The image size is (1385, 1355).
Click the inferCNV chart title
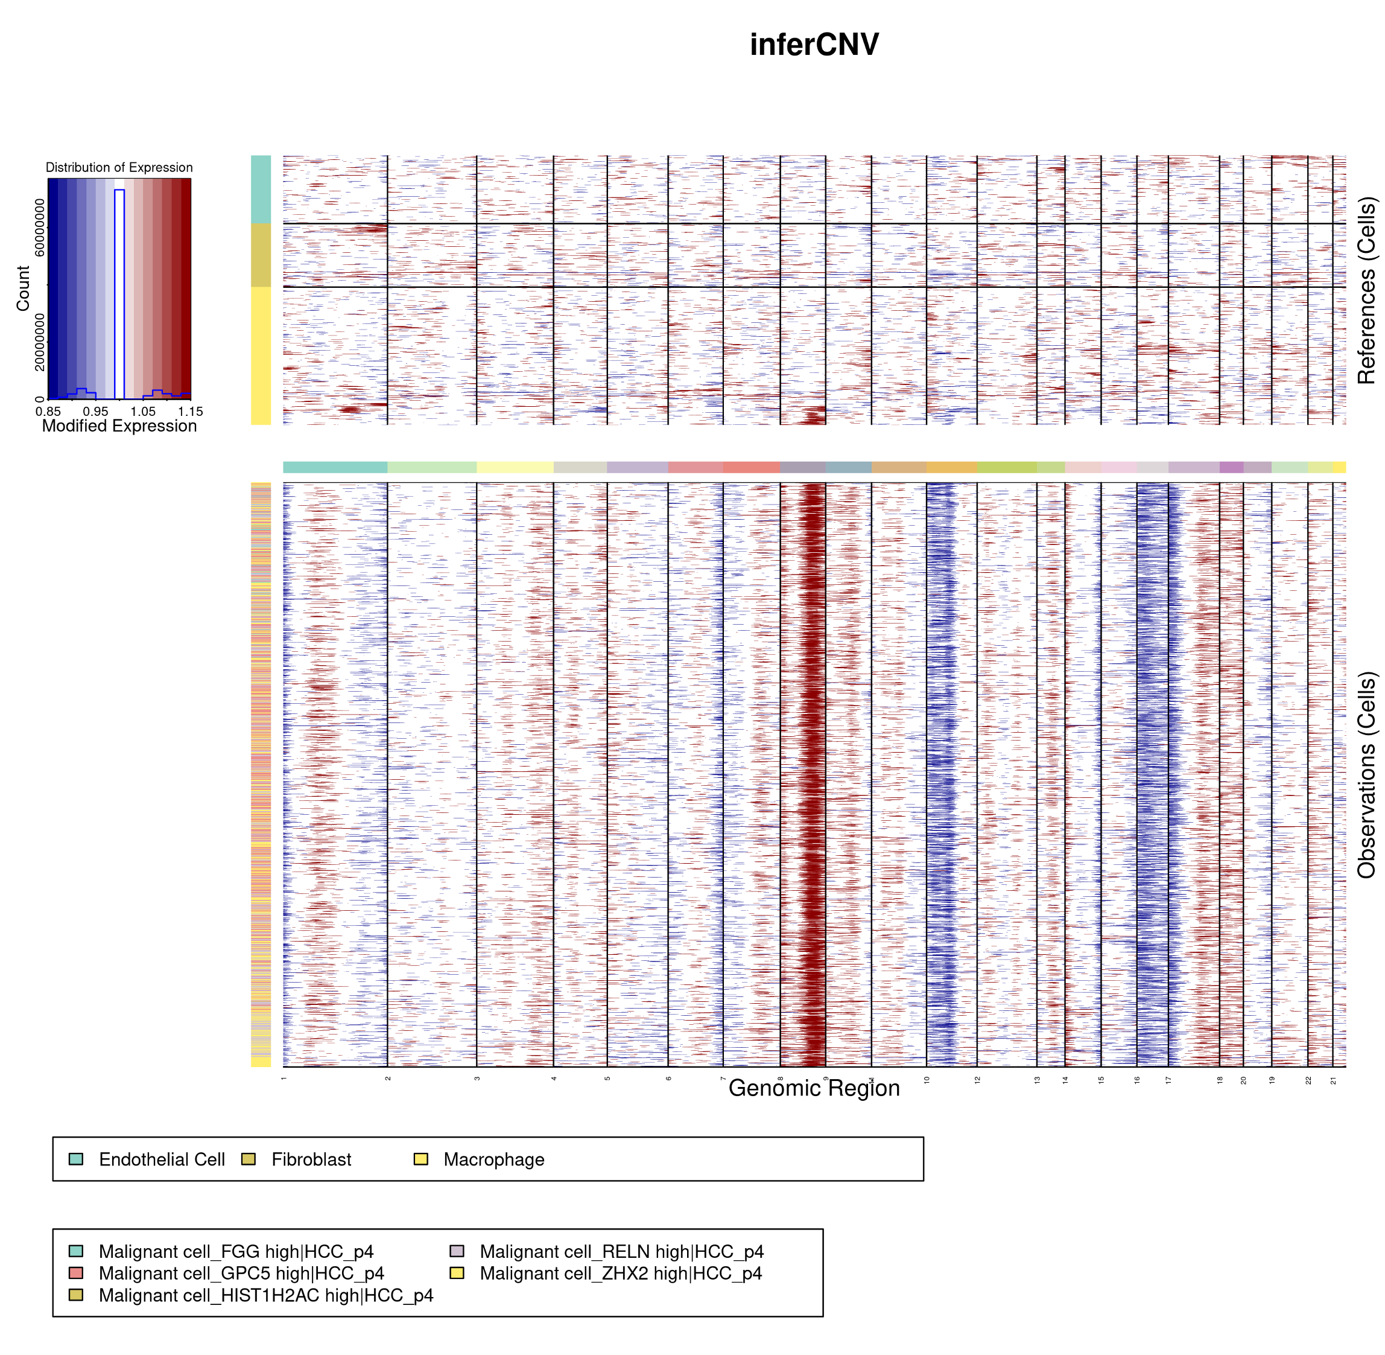coord(814,45)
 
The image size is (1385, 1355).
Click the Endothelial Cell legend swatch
coord(76,1159)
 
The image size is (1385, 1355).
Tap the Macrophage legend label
coord(493,1160)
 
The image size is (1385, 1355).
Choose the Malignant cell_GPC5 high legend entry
coord(241,1273)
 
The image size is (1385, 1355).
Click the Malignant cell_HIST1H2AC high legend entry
coord(265,1295)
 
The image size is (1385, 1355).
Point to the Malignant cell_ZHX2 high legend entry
coord(620,1273)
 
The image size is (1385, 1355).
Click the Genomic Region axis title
coord(814,1088)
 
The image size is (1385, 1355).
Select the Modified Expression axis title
coord(119,426)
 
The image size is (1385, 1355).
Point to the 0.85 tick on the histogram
coord(48,412)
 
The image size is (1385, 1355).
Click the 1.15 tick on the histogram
coord(190,412)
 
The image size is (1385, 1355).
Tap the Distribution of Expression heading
coord(119,168)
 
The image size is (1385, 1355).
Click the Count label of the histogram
coord(23,289)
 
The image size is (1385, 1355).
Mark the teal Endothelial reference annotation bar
coord(261,190)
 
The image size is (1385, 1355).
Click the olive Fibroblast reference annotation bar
coord(261,255)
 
